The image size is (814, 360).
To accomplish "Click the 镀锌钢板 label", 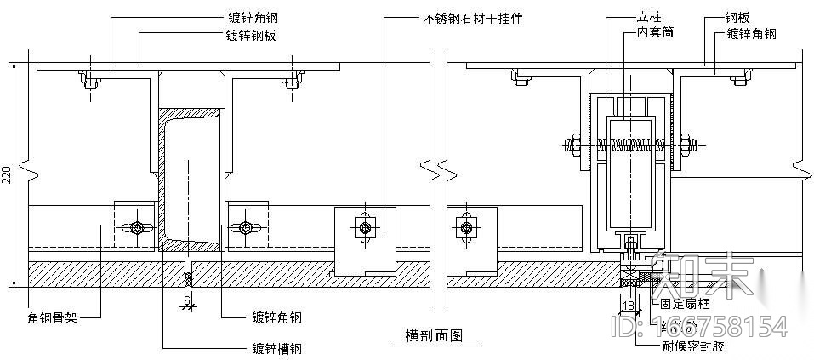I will tap(251, 35).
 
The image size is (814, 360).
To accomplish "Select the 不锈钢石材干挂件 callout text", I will tap(472, 17).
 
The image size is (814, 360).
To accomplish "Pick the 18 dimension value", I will tap(629, 304).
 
